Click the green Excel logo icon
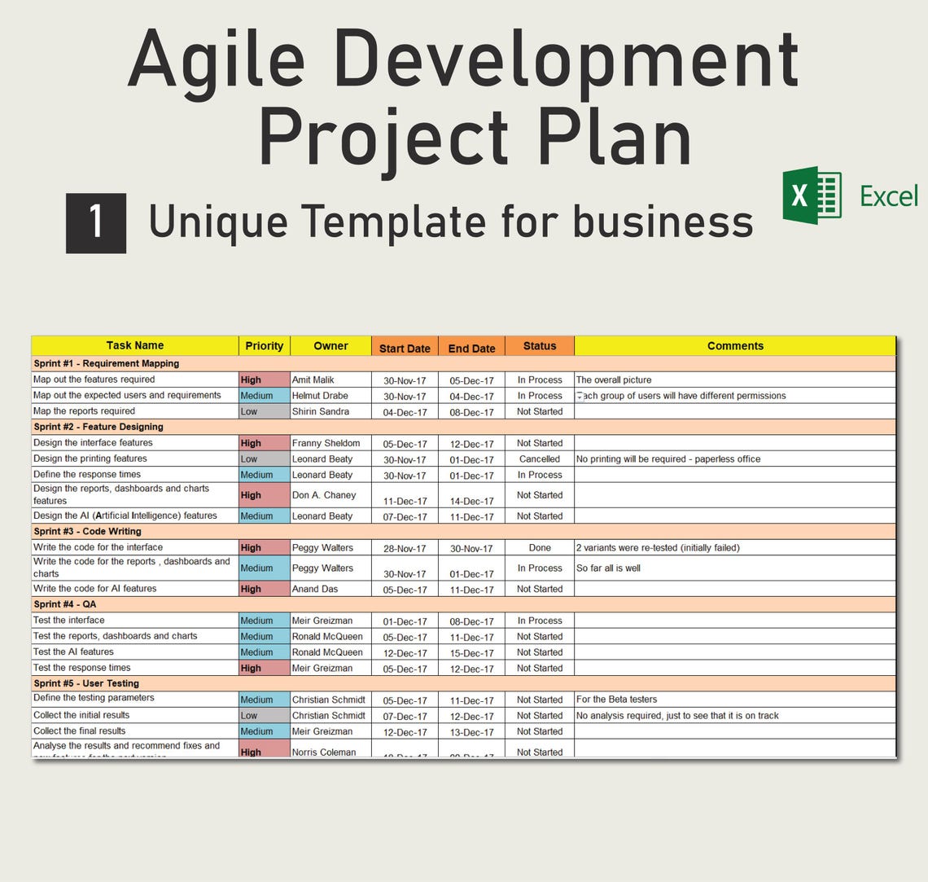pos(812,195)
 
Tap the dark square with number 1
pos(96,222)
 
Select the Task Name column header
pos(135,346)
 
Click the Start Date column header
pos(405,348)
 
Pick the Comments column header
pos(735,346)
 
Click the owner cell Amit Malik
pos(313,380)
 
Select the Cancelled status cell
pos(540,459)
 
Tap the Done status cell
pos(540,548)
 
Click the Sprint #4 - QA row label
pos(65,604)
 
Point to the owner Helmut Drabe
pos(320,396)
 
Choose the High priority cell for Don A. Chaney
pos(264,495)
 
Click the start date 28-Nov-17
pos(405,549)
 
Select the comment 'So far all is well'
pos(608,568)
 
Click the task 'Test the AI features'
pos(73,652)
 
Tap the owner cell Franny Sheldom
pos(326,444)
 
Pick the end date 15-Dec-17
pos(472,653)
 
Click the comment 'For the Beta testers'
pos(616,700)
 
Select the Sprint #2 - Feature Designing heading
pos(98,427)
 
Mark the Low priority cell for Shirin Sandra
pos(264,412)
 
